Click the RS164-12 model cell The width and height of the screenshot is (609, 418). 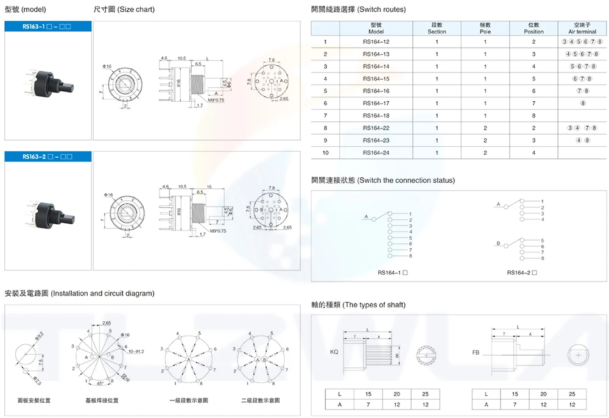click(376, 41)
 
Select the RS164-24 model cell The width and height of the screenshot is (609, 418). click(376, 152)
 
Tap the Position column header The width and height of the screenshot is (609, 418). click(533, 28)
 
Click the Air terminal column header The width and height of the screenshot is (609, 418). click(582, 28)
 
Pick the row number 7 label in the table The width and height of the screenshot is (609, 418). click(326, 115)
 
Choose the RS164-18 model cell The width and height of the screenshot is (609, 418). click(376, 115)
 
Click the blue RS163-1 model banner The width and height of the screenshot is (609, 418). click(48, 27)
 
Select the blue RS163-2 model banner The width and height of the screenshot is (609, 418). click(48, 157)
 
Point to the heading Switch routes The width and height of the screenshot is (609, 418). click(358, 9)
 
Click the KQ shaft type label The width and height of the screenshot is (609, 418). click(334, 352)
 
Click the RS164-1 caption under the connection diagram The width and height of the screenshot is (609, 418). click(392, 272)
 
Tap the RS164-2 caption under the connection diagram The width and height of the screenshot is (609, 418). click(522, 272)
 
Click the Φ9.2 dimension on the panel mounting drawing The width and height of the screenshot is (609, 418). click(38, 334)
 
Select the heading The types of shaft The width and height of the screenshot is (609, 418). click(358, 305)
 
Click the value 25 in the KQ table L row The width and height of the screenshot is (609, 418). click(425, 394)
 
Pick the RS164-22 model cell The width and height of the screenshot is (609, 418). click(376, 127)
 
